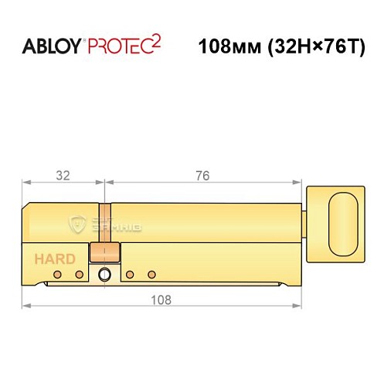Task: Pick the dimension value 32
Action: click(63, 176)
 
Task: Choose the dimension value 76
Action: click(202, 176)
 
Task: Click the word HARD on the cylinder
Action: click(54, 259)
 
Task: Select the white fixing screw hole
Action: click(104, 274)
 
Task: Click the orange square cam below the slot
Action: click(104, 252)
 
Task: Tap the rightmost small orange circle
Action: click(151, 275)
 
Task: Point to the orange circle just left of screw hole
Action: click(79, 275)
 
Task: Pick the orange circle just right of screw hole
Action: click(130, 275)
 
